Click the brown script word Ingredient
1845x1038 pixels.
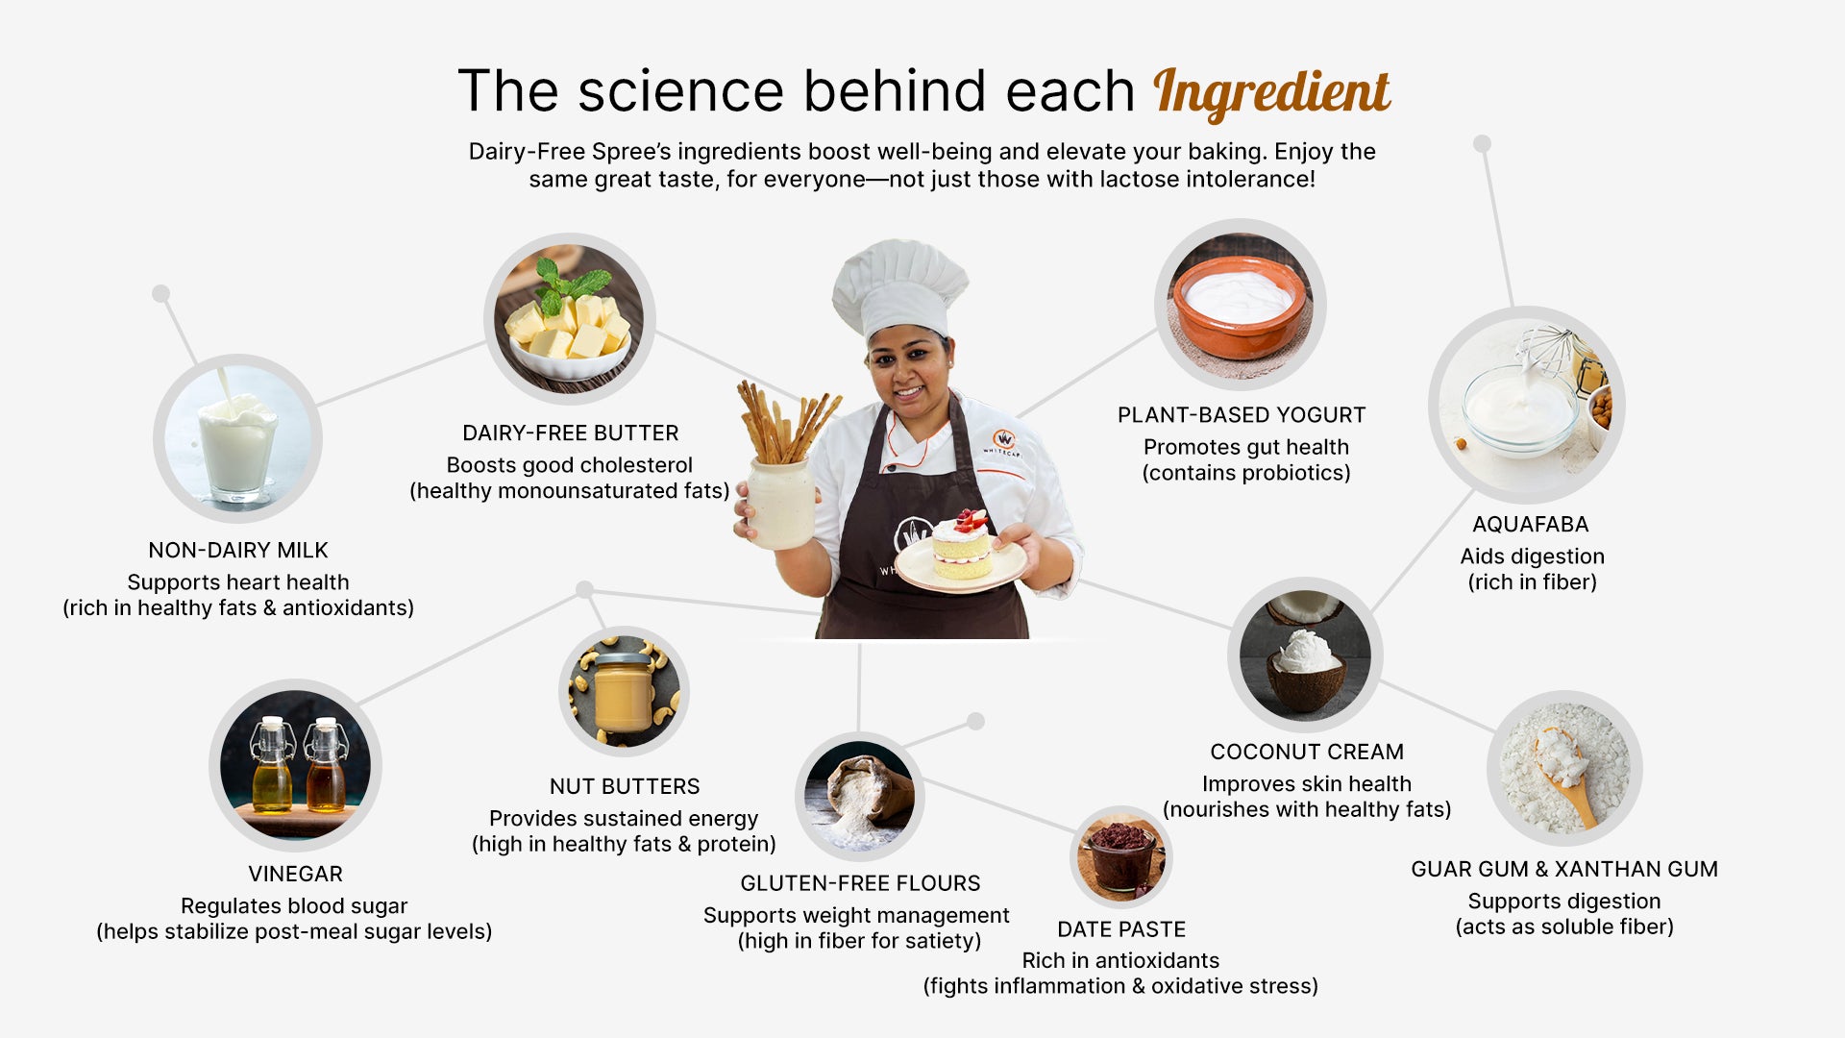click(1271, 93)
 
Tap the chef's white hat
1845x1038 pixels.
click(899, 285)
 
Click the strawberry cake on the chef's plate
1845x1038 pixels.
click(962, 545)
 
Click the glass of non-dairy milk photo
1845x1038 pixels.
click(237, 438)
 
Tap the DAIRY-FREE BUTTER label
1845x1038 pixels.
click(571, 433)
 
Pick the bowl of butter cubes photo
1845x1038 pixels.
click(570, 318)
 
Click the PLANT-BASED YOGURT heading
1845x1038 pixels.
click(1242, 415)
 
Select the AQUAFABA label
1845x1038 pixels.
click(1531, 525)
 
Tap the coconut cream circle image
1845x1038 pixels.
click(1305, 655)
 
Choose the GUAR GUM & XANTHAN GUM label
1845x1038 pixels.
click(1564, 870)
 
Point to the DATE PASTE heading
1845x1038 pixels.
click(1121, 929)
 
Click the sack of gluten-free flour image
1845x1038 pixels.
click(859, 797)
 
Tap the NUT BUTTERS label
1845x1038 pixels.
click(625, 786)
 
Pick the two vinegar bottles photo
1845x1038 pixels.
click(295, 765)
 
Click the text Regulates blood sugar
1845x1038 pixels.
click(294, 906)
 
